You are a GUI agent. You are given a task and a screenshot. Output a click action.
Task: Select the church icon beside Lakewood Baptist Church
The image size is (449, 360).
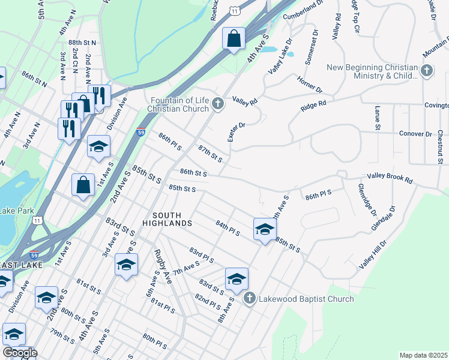click(x=250, y=298)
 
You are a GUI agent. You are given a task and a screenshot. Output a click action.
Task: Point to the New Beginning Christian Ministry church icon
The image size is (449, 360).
click(x=427, y=71)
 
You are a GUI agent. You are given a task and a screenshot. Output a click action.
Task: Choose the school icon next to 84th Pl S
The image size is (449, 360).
click(x=265, y=229)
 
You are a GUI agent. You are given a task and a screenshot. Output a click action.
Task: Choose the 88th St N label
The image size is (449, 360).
click(x=82, y=43)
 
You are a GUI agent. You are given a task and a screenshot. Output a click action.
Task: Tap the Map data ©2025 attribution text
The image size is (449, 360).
click(x=423, y=355)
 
